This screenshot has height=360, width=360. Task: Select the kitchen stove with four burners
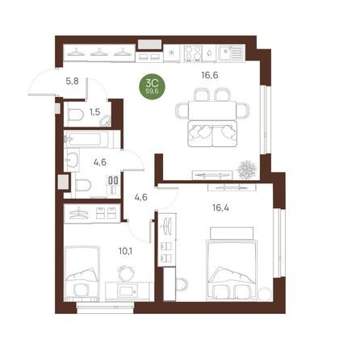[195, 52]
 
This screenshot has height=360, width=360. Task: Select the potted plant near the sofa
[246, 170]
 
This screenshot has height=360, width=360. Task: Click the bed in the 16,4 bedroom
[233, 266]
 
